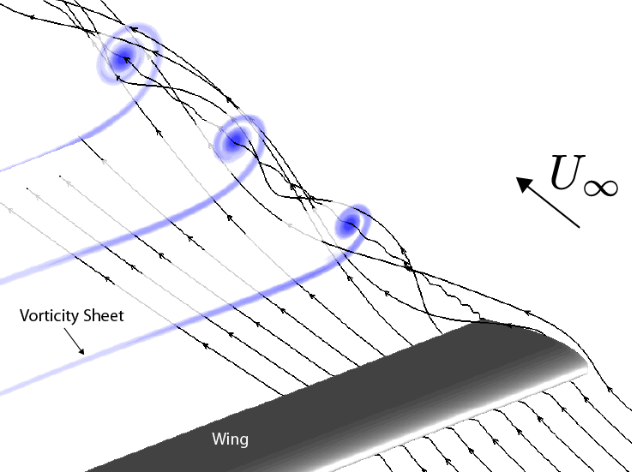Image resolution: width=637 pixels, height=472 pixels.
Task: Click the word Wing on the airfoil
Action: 230,439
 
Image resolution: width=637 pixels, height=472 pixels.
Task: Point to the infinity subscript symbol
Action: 601,188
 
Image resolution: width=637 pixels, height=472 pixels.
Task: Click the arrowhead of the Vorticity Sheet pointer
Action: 81,350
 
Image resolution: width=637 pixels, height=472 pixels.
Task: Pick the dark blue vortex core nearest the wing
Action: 348,224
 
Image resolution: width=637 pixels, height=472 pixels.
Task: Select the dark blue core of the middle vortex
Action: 234,140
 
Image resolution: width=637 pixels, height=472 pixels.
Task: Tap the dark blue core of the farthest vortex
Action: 123,59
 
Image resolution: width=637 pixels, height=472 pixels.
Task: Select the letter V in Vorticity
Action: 24,316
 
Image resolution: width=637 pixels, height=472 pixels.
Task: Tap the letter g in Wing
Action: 243,441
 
